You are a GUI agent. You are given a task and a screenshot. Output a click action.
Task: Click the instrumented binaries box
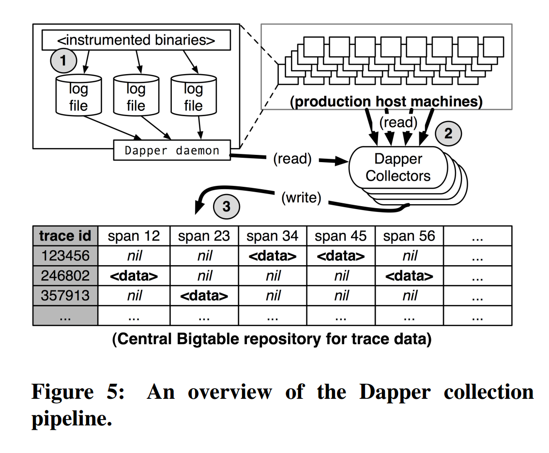[x=136, y=40]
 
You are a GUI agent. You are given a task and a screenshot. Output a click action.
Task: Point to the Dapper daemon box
[x=172, y=151]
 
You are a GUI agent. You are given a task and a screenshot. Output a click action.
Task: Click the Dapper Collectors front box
[x=397, y=167]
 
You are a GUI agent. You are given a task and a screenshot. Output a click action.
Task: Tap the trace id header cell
[x=65, y=236]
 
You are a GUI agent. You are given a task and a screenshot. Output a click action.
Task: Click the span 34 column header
[x=273, y=236]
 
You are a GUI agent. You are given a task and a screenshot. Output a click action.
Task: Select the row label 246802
[x=65, y=275]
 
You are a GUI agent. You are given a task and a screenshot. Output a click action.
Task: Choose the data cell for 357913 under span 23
[x=204, y=295]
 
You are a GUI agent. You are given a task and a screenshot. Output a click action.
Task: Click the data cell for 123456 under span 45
[x=341, y=256]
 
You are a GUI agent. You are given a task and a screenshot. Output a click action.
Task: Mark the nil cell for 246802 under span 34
[x=273, y=275]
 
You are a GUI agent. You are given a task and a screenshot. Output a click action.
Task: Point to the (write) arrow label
[x=301, y=197]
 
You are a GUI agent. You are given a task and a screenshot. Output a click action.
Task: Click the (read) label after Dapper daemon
[x=292, y=159]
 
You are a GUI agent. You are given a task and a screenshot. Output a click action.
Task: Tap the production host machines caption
[x=386, y=102]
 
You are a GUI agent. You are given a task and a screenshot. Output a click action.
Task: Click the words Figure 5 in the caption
[x=77, y=392]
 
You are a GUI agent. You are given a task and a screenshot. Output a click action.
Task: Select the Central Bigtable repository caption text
[x=272, y=339]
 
